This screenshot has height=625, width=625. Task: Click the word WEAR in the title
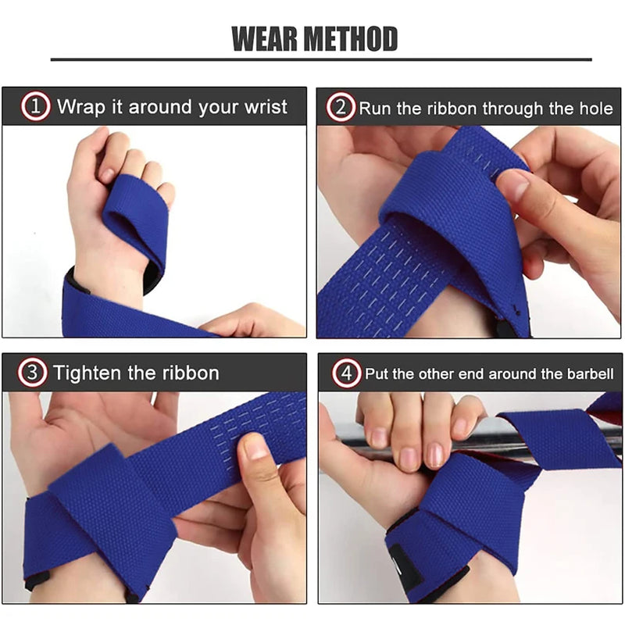point(268,38)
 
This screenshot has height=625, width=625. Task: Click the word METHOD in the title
point(353,38)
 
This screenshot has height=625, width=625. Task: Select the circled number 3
point(33,372)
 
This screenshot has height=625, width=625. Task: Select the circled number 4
point(346,373)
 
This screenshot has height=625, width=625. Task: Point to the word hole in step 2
point(595,108)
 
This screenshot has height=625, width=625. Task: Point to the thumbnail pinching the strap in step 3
point(255,447)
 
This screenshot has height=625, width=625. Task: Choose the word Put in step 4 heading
point(377,373)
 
